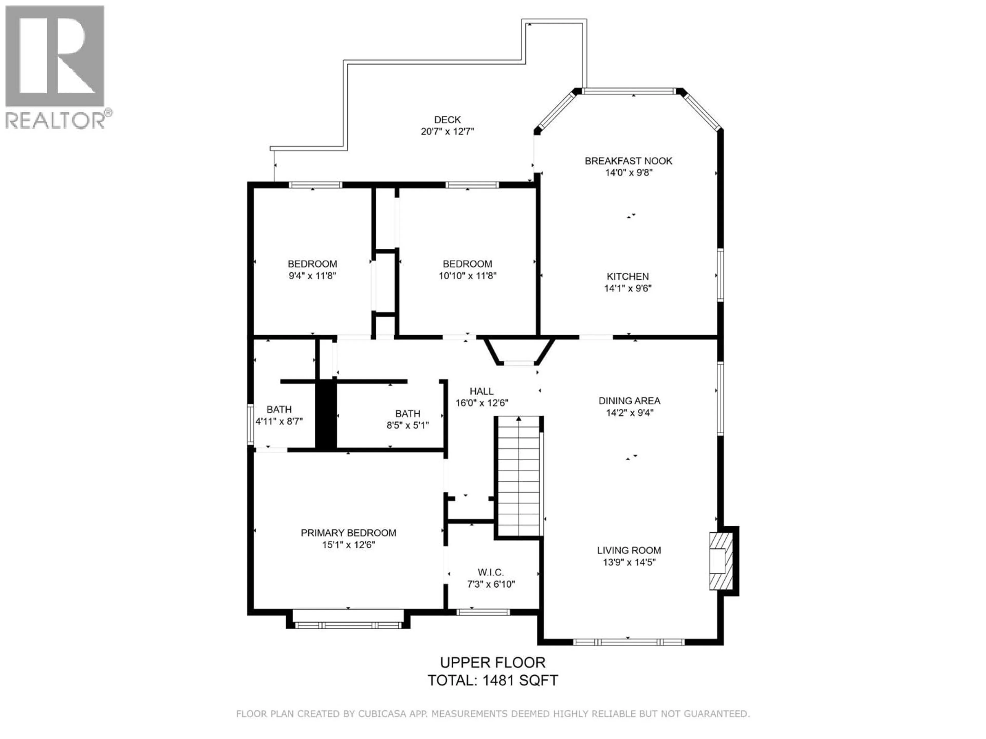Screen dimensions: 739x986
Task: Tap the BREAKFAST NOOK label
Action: click(628, 161)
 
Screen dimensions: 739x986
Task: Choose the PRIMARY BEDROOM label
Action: click(348, 533)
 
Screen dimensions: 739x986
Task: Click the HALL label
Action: click(481, 391)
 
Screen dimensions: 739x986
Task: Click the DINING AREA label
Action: click(629, 401)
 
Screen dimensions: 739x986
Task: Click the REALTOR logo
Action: click(55, 67)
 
